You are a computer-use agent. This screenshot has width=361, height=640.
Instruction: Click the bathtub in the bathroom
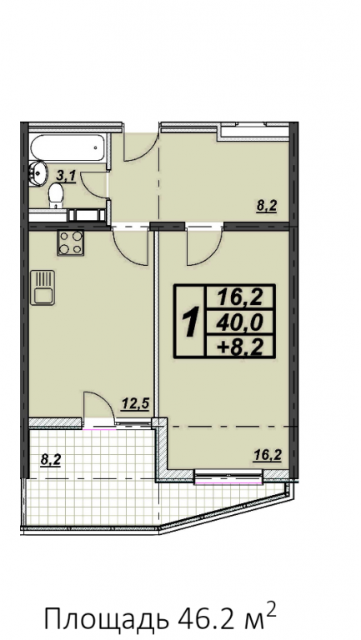(69, 149)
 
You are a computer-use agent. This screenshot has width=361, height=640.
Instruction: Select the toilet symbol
(55, 196)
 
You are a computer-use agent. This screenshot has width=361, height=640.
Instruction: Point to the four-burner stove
(70, 242)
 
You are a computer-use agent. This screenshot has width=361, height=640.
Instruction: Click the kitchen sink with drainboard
(43, 287)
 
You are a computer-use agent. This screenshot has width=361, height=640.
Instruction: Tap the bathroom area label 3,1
(65, 177)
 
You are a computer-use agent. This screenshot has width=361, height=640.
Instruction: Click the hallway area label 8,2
(267, 207)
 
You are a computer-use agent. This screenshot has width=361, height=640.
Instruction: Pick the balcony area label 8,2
(51, 460)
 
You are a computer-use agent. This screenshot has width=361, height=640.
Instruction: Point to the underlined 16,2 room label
(267, 455)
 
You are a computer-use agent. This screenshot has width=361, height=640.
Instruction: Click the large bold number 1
(190, 322)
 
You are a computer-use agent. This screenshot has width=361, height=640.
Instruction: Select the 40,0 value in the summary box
(239, 323)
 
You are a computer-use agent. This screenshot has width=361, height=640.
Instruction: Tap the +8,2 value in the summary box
(240, 347)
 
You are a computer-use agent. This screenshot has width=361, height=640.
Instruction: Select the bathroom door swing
(94, 185)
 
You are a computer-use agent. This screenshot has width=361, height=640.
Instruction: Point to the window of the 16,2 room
(228, 477)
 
